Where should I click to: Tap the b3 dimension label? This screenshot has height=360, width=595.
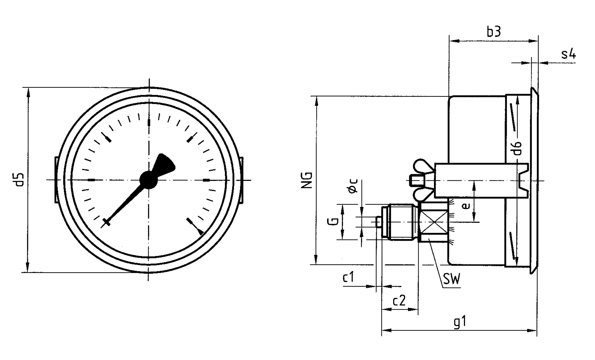point(494,32)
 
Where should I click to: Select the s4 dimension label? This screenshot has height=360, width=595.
point(568,54)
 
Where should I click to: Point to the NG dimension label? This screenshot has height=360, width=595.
point(307,180)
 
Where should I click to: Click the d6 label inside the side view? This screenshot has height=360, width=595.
point(517,148)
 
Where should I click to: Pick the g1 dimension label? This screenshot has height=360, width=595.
point(460,322)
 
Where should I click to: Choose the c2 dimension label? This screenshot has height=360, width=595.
point(399,301)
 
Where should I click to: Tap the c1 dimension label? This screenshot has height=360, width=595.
point(348,277)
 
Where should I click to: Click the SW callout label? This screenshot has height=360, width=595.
point(451,279)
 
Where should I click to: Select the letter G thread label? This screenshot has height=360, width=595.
point(333,221)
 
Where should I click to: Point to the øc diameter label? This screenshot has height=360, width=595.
point(352,186)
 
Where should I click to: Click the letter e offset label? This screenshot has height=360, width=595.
point(466,206)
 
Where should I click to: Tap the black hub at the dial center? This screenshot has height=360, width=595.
point(148,180)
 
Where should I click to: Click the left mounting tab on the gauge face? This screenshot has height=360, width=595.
point(57,180)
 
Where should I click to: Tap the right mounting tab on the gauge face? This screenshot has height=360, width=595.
point(241,180)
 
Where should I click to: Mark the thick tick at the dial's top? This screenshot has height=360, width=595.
point(149,122)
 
